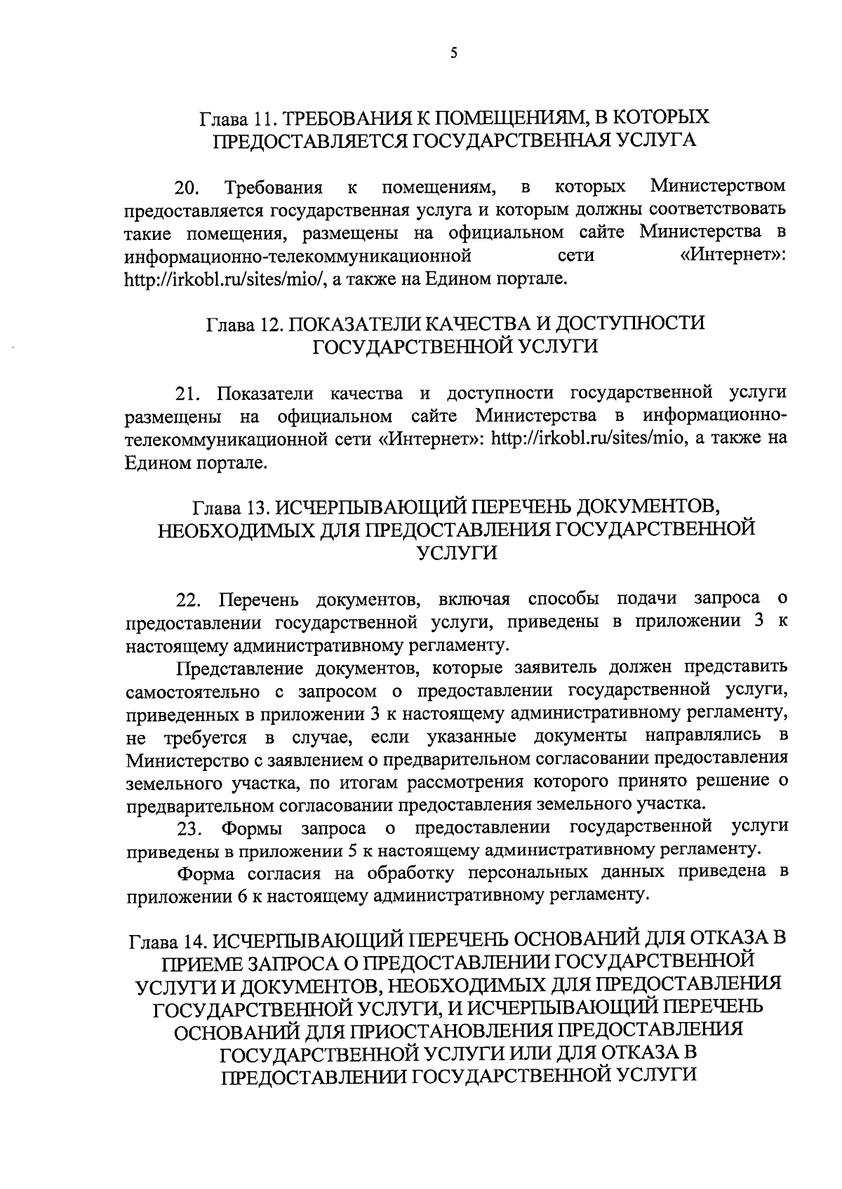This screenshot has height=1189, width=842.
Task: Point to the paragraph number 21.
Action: point(188,394)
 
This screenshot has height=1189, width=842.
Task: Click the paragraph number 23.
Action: point(188,829)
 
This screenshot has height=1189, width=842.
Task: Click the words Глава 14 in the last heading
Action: point(167,940)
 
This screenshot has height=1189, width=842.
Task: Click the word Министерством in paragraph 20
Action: point(718,187)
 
